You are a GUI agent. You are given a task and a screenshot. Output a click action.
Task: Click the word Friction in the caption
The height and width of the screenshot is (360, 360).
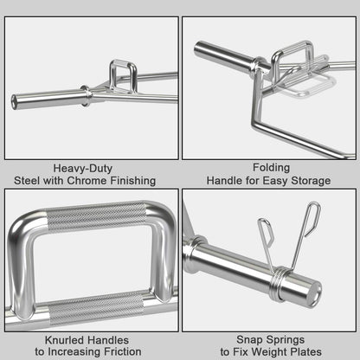[x=124, y=352]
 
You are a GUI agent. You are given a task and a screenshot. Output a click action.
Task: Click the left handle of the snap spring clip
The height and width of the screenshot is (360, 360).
[x=266, y=238]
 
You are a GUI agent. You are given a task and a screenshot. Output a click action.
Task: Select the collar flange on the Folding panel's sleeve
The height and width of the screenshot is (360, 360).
[x=257, y=63]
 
